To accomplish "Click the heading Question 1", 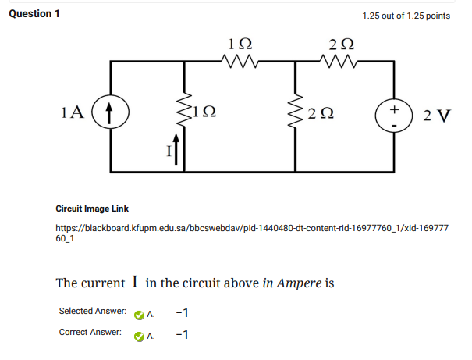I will (x=34, y=14).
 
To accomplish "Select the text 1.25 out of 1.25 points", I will (x=406, y=16).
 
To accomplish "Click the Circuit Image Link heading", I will (x=92, y=209).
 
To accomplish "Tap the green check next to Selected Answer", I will (x=139, y=314).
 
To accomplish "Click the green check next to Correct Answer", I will (x=139, y=336).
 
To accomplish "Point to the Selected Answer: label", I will (x=93, y=312).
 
